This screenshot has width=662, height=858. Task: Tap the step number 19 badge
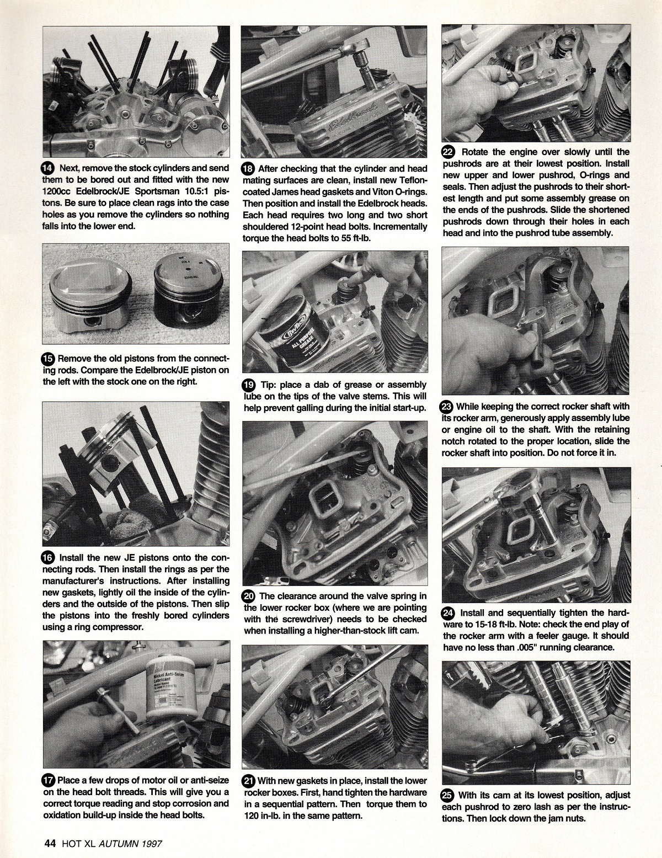(249, 385)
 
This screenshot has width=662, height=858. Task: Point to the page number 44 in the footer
(50, 843)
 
